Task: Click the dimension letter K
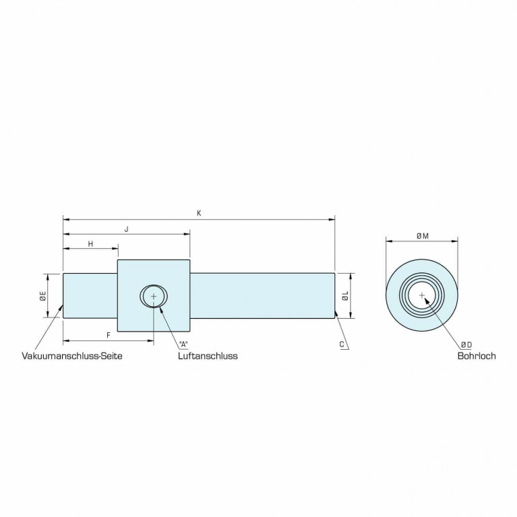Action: click(199, 213)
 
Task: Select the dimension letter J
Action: click(126, 229)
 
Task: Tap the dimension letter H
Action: click(91, 244)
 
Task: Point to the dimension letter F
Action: click(109, 336)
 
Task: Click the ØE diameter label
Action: click(43, 295)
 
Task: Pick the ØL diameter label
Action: click(345, 296)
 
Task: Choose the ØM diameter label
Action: click(423, 236)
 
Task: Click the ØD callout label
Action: click(466, 345)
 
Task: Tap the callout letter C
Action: click(342, 344)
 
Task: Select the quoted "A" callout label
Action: click(183, 344)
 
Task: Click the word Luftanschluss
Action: click(208, 356)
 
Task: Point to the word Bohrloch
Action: click(477, 356)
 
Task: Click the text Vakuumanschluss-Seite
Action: click(72, 356)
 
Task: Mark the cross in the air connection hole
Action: click(154, 297)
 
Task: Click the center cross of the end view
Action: click(422, 295)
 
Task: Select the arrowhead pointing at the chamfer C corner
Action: click(336, 313)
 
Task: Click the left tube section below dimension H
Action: click(90, 296)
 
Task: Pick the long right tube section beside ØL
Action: click(262, 296)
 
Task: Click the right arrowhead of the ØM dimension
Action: click(455, 241)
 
